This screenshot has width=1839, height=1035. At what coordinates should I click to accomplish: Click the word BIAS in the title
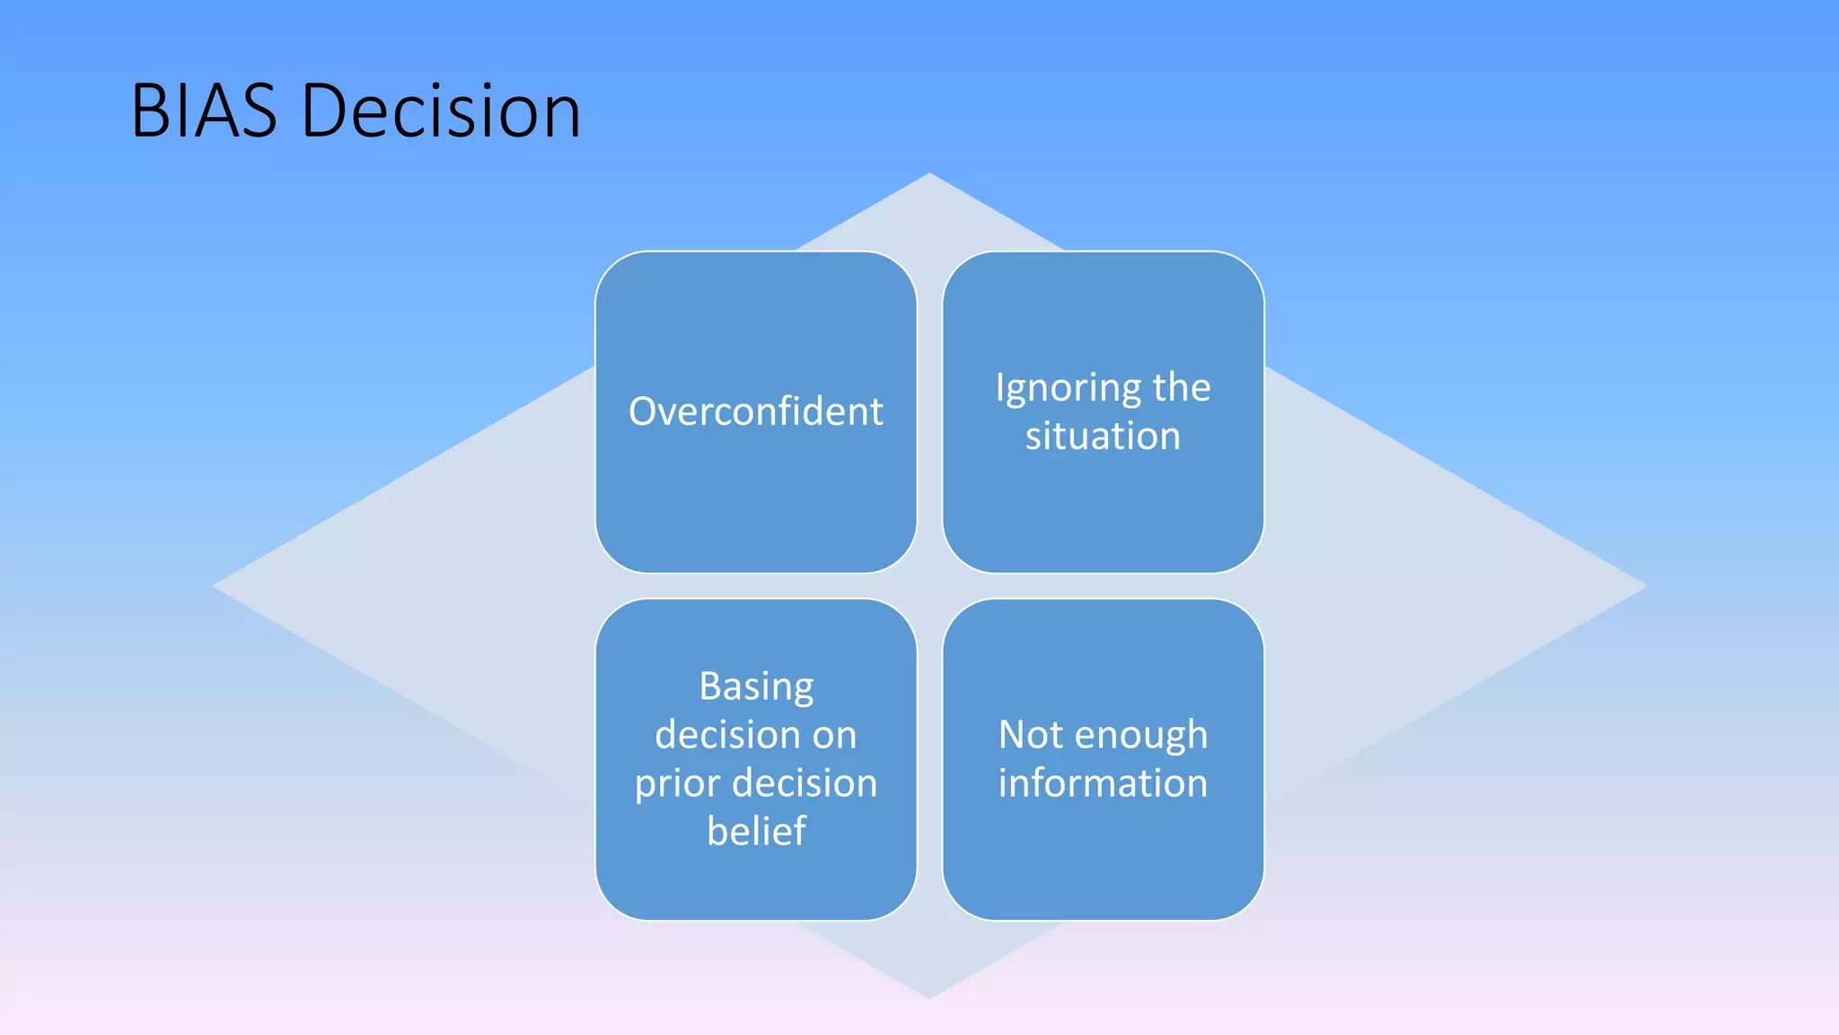coord(204,111)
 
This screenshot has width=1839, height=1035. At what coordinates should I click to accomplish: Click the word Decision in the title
coord(441,111)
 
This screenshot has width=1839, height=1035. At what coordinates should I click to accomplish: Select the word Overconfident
coord(755,411)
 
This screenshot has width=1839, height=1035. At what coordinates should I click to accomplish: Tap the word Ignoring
coord(1067,389)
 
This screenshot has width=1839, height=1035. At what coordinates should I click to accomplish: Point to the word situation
coord(1103,437)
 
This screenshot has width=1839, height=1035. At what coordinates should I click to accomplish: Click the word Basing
coord(756,687)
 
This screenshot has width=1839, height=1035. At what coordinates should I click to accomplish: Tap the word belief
coord(756,831)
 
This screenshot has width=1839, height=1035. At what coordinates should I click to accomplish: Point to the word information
coord(1103,783)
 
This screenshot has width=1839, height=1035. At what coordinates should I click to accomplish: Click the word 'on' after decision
coord(834,736)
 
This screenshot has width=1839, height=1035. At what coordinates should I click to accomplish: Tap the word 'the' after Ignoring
coord(1182,388)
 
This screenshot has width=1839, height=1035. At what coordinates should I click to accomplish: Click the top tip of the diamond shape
coord(929,174)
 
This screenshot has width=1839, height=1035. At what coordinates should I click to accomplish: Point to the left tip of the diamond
coord(215,586)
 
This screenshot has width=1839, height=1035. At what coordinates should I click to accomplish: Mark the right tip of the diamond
coord(1644,586)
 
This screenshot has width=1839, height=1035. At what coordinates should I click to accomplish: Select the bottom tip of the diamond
coord(929,996)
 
